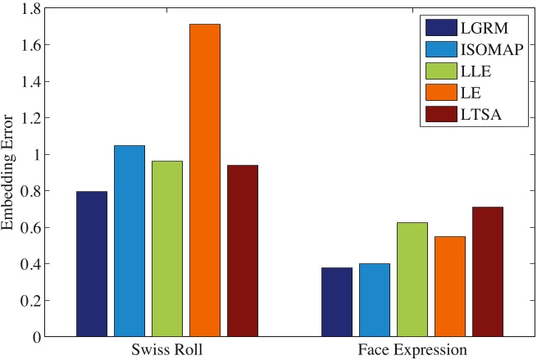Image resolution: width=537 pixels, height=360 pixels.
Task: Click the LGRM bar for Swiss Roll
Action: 91,264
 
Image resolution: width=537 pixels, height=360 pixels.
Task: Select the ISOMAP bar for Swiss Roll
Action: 129,241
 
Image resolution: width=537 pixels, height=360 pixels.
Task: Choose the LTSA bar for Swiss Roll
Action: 242,251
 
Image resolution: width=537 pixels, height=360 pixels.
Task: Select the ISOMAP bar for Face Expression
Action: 374,300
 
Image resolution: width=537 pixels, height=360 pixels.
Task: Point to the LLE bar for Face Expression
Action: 412,280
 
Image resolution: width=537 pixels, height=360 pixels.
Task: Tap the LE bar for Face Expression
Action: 449,286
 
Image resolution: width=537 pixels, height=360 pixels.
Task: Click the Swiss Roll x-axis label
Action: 166,350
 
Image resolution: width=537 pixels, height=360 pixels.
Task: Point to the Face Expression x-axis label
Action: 412,350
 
